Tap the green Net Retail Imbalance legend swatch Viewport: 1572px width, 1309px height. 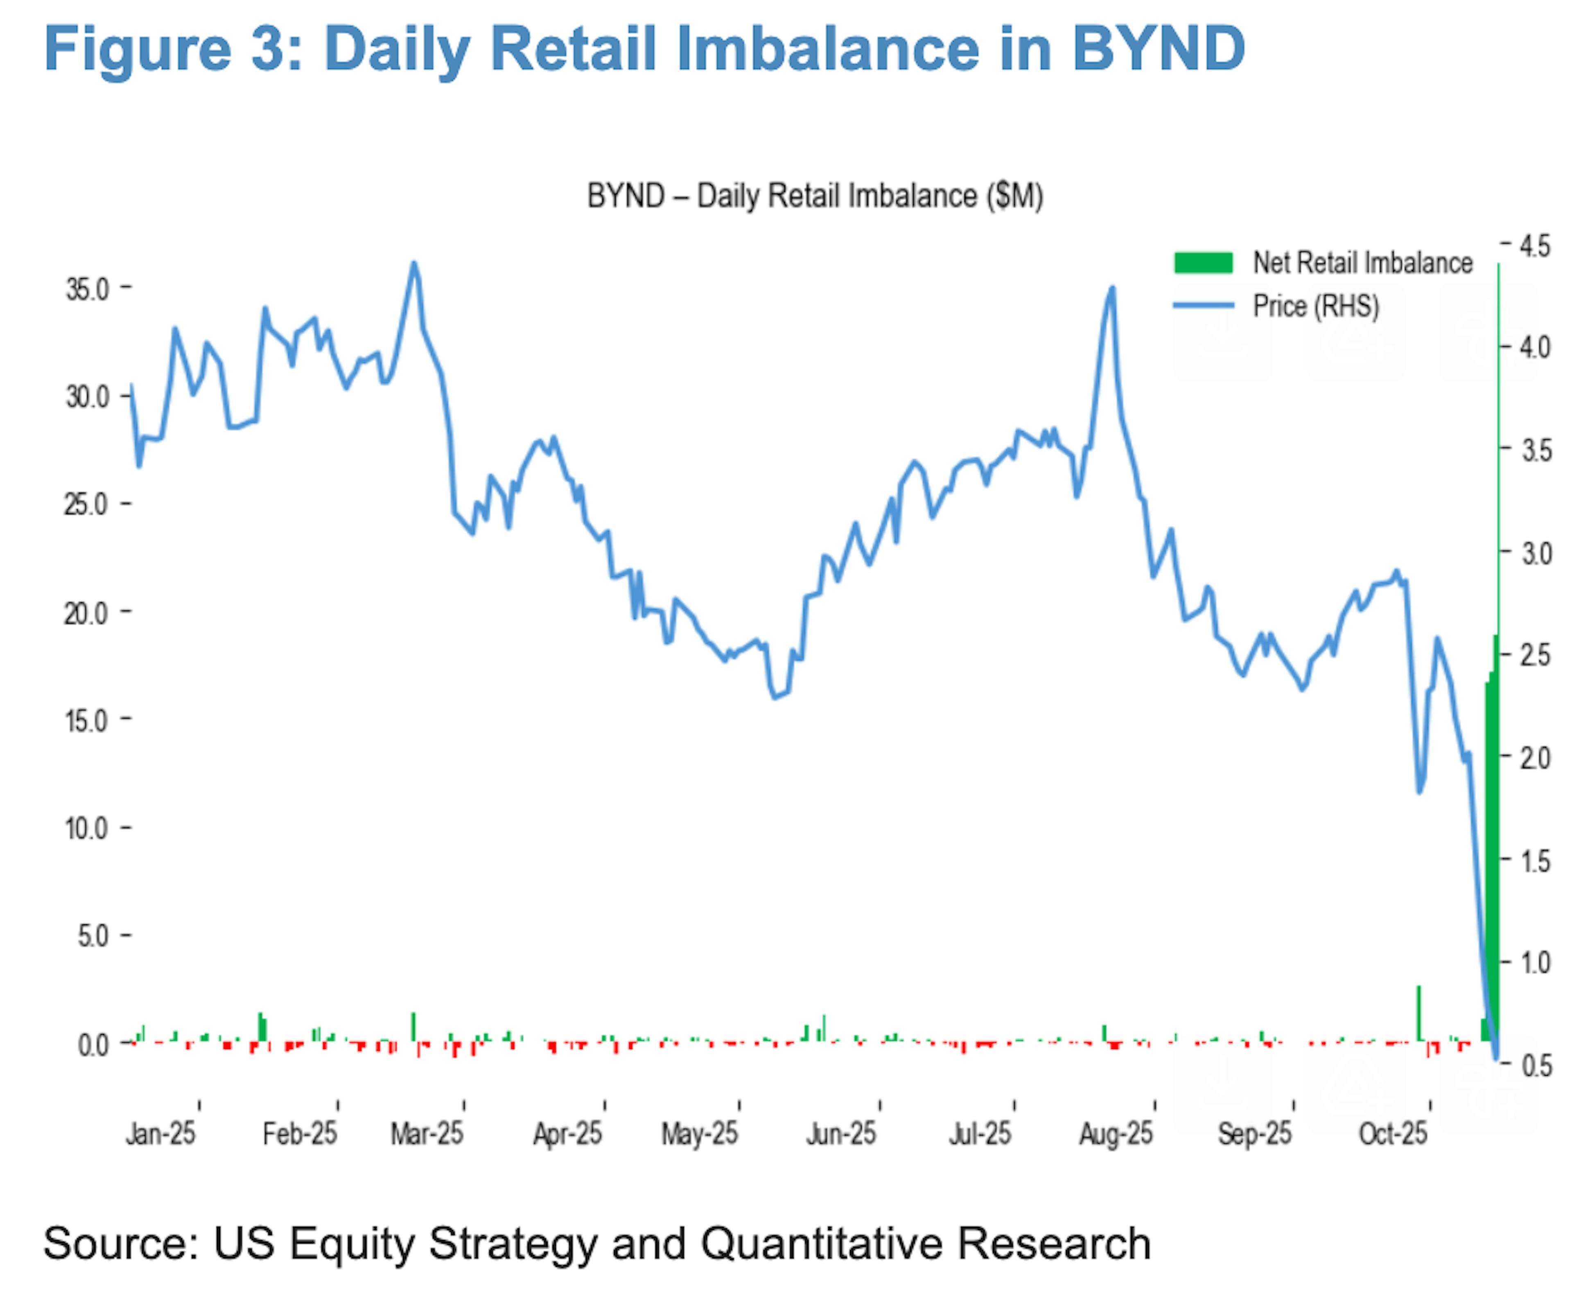coord(1203,263)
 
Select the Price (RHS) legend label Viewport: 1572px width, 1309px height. coord(1315,306)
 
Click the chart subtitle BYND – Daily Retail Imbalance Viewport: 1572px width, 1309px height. coord(814,196)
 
